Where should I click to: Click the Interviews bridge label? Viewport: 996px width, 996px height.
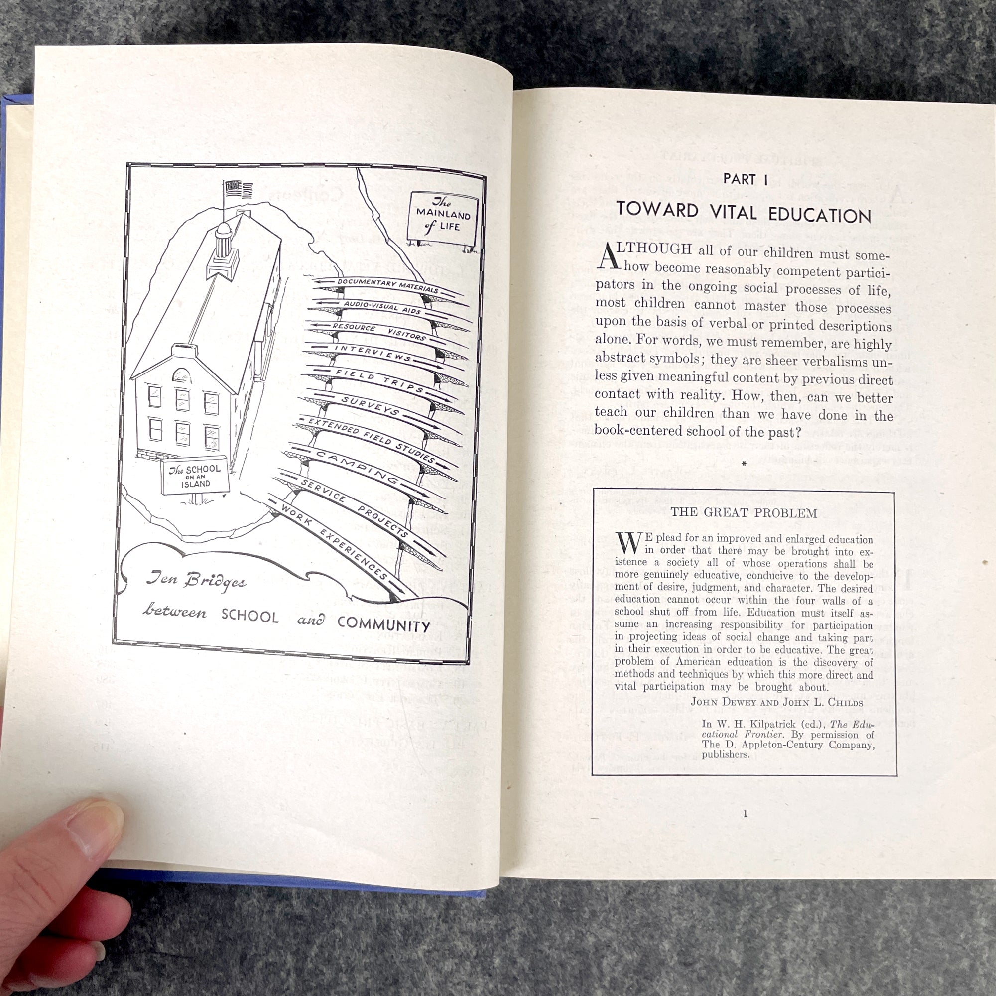pos(373,354)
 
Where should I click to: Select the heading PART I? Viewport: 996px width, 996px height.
pos(746,179)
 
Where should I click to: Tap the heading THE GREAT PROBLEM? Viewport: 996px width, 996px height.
pos(744,513)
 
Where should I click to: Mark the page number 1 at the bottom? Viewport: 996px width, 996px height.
pos(746,814)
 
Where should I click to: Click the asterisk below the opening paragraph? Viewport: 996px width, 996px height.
pos(744,464)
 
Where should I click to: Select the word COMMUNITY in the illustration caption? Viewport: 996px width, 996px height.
pos(383,625)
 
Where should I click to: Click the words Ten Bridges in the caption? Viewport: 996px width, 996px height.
pos(196,580)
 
